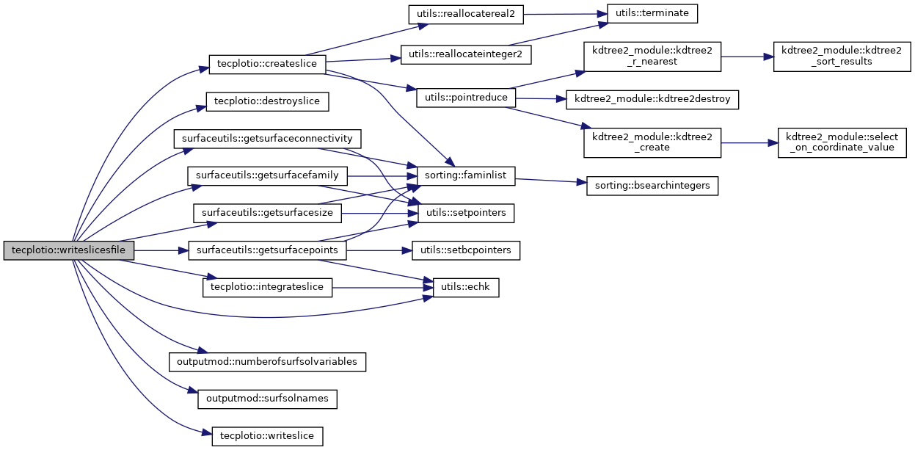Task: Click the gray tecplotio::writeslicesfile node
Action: coord(69,250)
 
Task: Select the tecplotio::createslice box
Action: coord(267,64)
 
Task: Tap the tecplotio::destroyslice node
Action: coord(266,101)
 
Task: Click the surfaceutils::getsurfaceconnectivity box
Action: coord(267,139)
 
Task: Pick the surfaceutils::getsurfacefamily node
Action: coord(267,176)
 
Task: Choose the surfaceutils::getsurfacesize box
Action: coord(267,214)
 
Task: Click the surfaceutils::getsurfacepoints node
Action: coord(267,250)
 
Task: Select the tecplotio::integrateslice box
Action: coord(267,287)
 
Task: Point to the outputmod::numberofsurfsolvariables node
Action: coord(267,362)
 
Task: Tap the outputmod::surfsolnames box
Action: coord(267,399)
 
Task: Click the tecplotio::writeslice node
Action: coord(267,436)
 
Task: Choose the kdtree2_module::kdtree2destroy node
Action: coord(652,98)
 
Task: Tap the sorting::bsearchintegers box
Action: coord(652,186)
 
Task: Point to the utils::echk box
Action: coord(466,288)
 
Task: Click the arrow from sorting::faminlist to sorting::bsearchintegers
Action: coord(550,181)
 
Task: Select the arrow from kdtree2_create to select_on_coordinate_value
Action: coord(748,143)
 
